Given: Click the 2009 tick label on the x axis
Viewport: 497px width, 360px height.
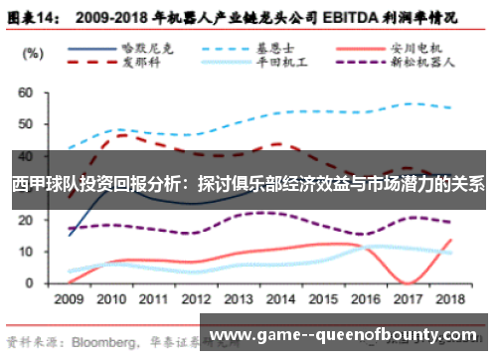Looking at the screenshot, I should click(69, 298).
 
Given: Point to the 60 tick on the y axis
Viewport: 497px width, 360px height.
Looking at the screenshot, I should click(26, 92).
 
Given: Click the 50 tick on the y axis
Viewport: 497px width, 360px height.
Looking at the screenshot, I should click(26, 124).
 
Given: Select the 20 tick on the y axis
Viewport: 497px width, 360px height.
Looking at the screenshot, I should click(26, 220).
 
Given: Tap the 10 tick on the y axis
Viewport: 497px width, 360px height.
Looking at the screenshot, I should click(26, 252).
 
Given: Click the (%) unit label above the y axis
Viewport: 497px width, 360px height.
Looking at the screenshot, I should click(30, 52).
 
